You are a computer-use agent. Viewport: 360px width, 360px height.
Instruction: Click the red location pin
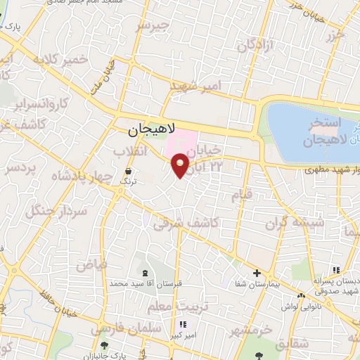pos(181,165)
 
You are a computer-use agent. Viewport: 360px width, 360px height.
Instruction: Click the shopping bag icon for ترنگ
pos(128,171)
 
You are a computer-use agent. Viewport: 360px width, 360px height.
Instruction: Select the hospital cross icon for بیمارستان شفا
pos(257,273)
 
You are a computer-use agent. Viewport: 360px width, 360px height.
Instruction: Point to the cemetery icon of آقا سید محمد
pos(145,273)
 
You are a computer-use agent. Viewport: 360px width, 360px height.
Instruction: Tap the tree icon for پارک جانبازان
pos(105,345)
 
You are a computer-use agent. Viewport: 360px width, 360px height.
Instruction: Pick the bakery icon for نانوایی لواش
pos(301,295)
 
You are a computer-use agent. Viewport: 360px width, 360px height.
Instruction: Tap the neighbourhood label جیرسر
pos(153,27)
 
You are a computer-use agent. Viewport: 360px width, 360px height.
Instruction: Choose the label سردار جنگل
pos(56,201)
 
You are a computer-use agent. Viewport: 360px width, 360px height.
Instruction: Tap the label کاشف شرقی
pos(186,222)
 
